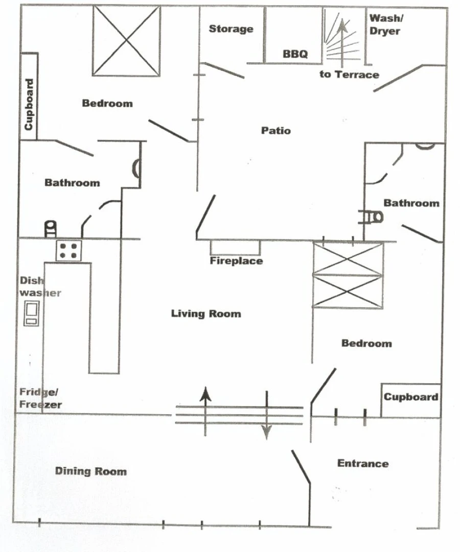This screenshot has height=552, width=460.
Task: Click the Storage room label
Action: point(231,29)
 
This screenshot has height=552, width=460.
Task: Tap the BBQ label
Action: point(295,54)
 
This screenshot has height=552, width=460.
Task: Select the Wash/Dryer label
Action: point(385,24)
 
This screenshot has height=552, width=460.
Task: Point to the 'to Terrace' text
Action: point(349,74)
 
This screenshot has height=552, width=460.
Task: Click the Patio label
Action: point(276,131)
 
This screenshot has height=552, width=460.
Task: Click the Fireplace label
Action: point(236,261)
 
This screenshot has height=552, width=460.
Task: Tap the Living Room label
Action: point(205,313)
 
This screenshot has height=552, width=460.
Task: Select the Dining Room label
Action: point(91,471)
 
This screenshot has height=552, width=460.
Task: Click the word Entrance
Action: point(363,464)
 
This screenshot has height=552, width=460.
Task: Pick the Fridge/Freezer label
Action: point(40,398)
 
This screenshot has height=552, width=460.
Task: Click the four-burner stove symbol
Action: point(68,250)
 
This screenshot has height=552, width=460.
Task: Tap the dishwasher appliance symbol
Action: point(31,313)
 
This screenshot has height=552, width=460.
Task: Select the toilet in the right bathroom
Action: point(373,217)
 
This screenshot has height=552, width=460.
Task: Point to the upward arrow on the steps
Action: point(205,395)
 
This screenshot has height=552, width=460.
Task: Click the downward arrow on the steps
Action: point(266,432)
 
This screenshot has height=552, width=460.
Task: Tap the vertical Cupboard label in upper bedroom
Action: point(29,104)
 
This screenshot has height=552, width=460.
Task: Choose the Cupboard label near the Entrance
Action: point(410,397)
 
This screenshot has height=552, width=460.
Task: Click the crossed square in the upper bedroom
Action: point(126,41)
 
